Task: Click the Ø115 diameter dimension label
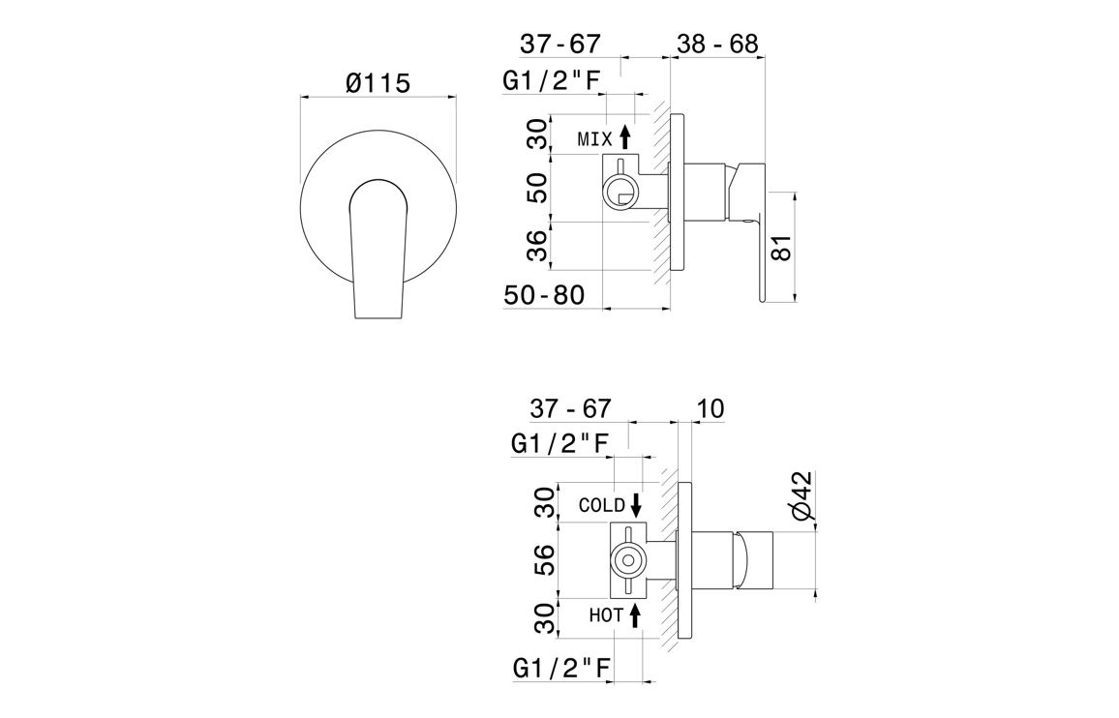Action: click(378, 83)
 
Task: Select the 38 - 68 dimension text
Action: click(716, 44)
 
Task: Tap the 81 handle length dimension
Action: click(782, 247)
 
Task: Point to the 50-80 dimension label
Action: click(545, 295)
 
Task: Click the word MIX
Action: click(595, 140)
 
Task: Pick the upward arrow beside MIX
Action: click(625, 136)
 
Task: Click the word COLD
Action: click(601, 505)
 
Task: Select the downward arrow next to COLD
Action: click(635, 504)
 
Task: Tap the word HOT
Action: click(607, 614)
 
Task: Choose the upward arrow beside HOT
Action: click(635, 615)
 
